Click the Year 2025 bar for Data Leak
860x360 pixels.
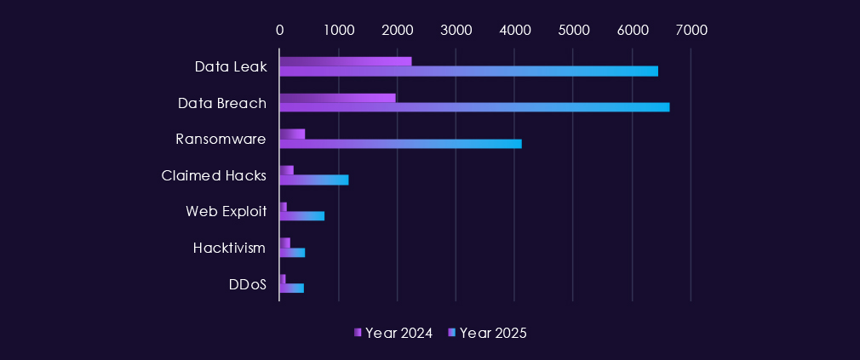pyautogui.click(x=468, y=71)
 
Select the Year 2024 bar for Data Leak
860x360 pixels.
pyautogui.click(x=345, y=61)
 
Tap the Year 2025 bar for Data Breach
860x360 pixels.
pyautogui.click(x=474, y=107)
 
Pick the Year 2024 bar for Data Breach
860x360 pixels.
pyautogui.click(x=337, y=98)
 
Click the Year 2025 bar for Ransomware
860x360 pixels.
pyautogui.click(x=400, y=143)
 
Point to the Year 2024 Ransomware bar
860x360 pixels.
pyautogui.click(x=292, y=134)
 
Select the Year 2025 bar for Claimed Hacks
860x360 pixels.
pyautogui.click(x=313, y=180)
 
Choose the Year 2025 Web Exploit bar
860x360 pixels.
pyautogui.click(x=301, y=215)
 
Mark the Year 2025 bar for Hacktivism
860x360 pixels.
pyautogui.click(x=292, y=252)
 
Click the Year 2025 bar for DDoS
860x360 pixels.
pyautogui.click(x=291, y=288)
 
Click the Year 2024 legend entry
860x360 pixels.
pyautogui.click(x=393, y=333)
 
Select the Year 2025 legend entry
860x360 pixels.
pyautogui.click(x=488, y=333)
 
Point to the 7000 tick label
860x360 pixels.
pyautogui.click(x=691, y=30)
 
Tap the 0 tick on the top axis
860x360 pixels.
pyautogui.click(x=279, y=30)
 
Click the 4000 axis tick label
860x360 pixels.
pyautogui.click(x=514, y=30)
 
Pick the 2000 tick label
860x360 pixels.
pyautogui.click(x=397, y=30)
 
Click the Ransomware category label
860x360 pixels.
pyautogui.click(x=221, y=139)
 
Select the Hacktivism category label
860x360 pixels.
pyautogui.click(x=229, y=248)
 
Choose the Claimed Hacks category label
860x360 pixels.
pyautogui.click(x=214, y=175)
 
